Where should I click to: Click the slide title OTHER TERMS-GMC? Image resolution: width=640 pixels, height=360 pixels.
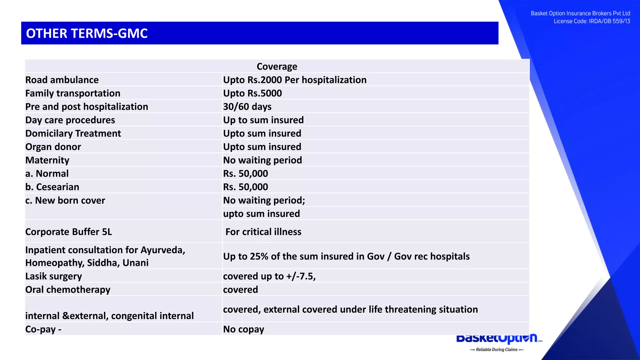click(87, 33)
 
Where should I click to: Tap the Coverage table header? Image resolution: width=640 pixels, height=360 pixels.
click(277, 67)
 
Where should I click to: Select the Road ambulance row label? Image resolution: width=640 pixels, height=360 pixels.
click(62, 80)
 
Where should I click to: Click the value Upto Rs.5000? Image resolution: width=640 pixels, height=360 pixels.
click(252, 93)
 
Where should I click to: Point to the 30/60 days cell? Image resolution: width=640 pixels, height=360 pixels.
click(247, 107)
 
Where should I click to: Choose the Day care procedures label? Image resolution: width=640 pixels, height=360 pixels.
click(70, 120)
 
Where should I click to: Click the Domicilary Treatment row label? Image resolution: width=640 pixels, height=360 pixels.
click(73, 134)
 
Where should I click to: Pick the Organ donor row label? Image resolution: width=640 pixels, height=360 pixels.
click(53, 147)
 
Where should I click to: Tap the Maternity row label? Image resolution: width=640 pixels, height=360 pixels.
click(47, 160)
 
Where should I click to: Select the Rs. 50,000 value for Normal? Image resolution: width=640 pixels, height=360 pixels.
click(245, 174)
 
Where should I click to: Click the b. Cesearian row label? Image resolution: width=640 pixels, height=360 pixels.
click(52, 187)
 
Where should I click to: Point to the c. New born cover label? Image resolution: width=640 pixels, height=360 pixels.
click(65, 201)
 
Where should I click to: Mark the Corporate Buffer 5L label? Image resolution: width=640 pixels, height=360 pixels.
click(68, 232)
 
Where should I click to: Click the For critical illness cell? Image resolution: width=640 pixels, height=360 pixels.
click(263, 232)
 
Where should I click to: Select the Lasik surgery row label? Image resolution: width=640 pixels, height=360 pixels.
click(53, 276)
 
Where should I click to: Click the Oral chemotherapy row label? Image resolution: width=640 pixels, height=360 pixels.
click(67, 290)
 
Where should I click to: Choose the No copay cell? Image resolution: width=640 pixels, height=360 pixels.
click(243, 329)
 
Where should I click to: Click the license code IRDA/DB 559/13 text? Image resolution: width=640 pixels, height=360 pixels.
click(609, 21)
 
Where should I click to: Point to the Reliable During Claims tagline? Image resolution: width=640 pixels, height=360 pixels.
click(497, 350)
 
